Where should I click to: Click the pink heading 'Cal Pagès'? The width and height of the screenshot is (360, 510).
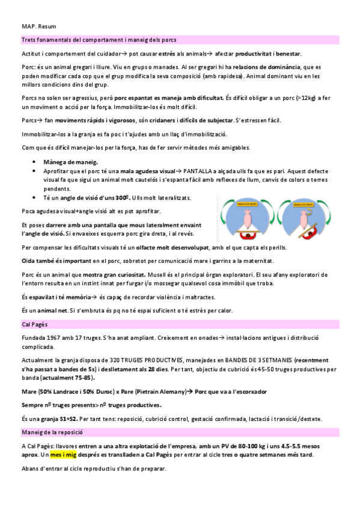click(x=35, y=325)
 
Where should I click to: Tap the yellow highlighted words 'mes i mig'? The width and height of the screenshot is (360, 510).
click(x=63, y=455)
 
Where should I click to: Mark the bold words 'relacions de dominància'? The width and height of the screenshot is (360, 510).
click(x=267, y=67)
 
